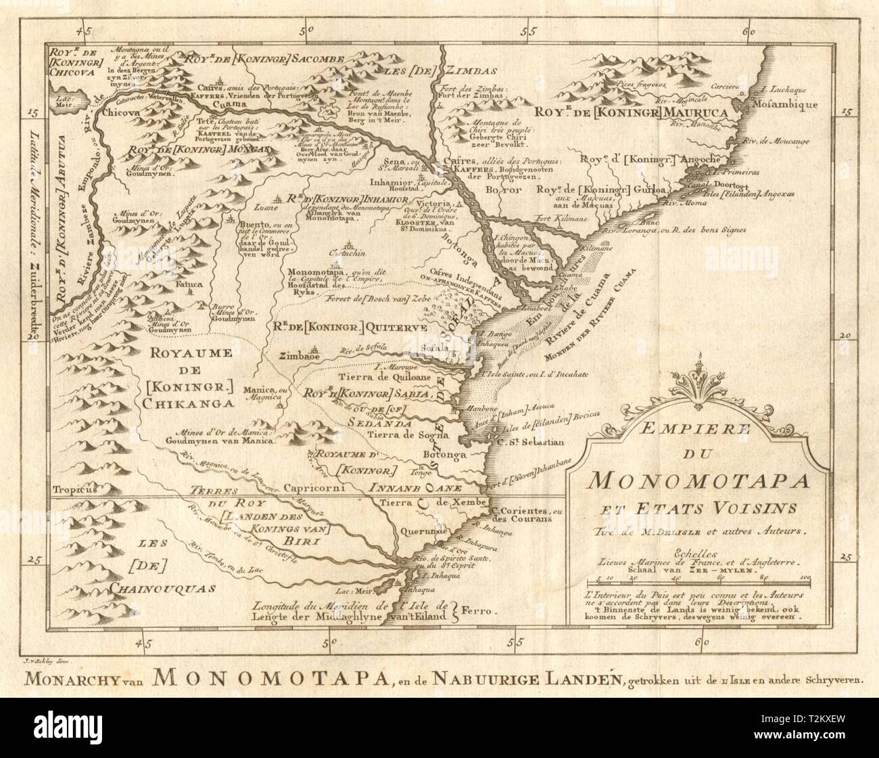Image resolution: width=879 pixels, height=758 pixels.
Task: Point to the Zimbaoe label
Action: tap(298, 355)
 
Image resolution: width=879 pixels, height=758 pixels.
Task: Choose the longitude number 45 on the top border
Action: tap(84, 31)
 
